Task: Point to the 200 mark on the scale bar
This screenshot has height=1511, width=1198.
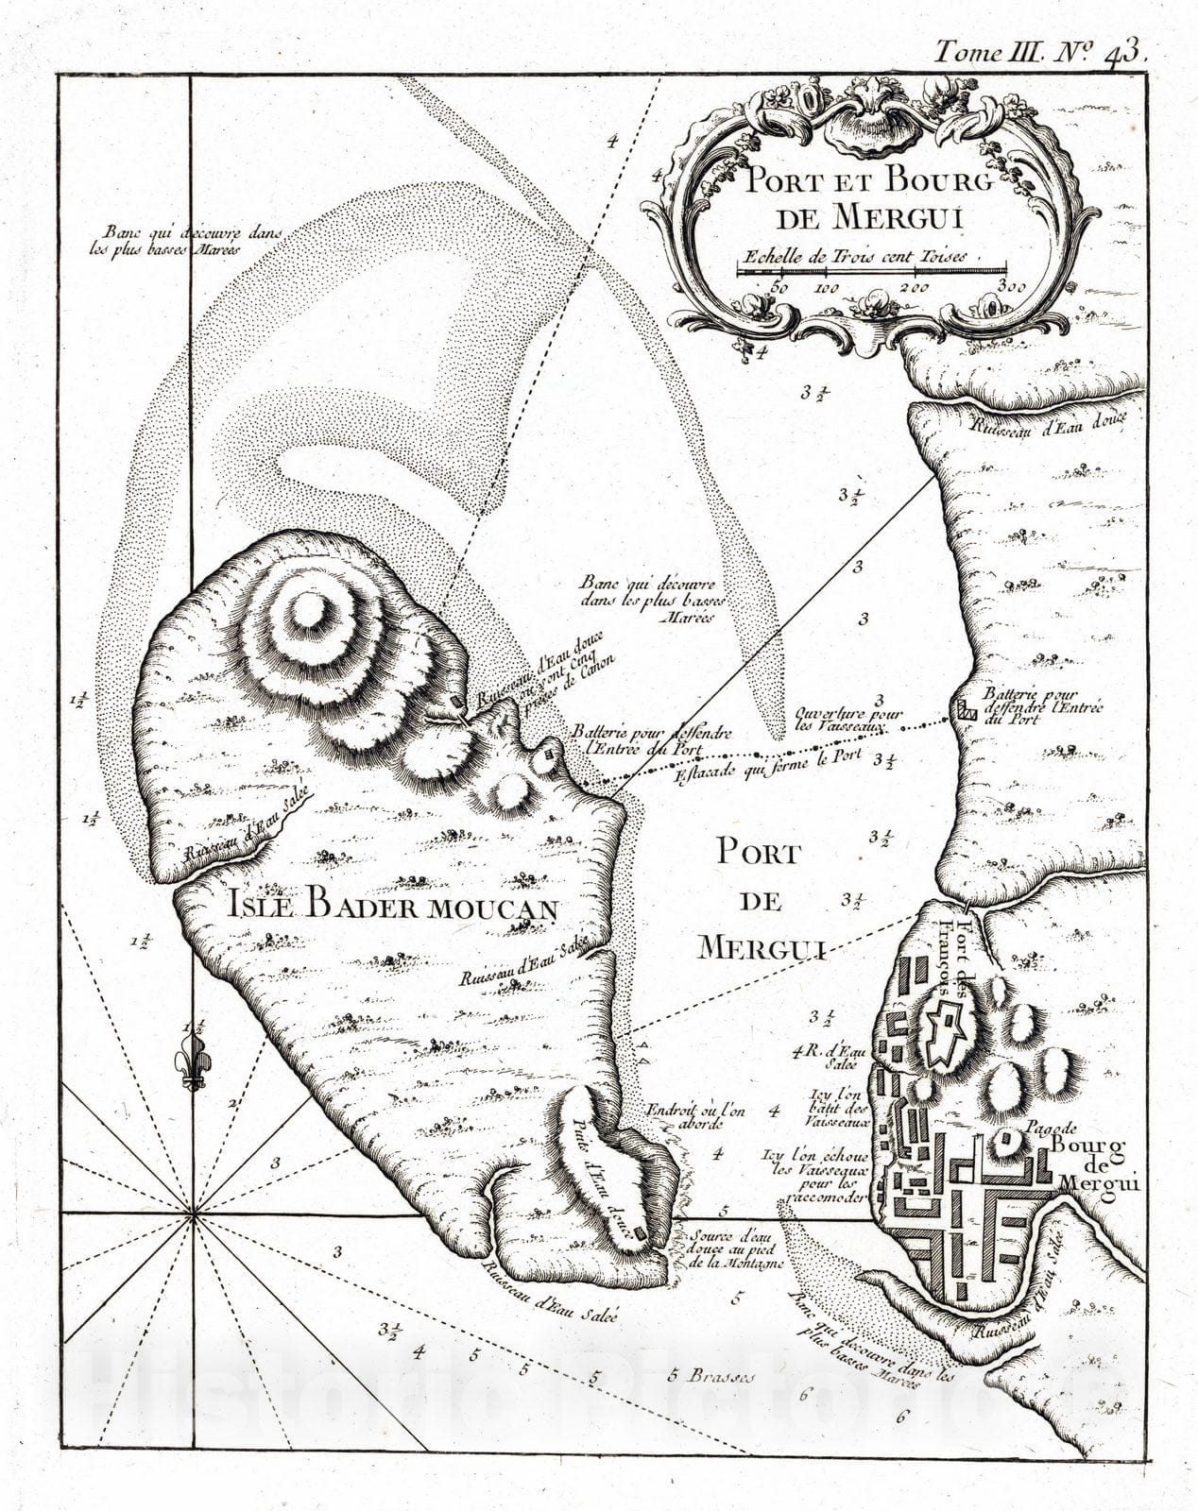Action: click(x=913, y=288)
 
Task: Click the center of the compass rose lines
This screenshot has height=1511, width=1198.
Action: click(x=192, y=1215)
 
